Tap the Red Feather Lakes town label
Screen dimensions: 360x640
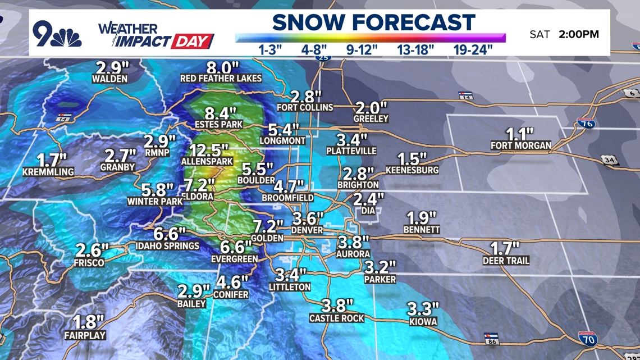[221, 79]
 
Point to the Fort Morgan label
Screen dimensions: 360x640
[521, 145]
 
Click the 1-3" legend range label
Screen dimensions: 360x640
[274, 49]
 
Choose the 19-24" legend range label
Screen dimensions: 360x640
[473, 49]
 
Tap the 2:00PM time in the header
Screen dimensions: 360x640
[579, 34]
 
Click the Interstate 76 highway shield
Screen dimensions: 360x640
[586, 123]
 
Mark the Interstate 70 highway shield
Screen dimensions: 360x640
[587, 338]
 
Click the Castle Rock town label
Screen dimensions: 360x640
[337, 318]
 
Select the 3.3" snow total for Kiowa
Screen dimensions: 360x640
[423, 309]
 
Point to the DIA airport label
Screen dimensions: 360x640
[368, 211]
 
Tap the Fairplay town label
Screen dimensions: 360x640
[85, 336]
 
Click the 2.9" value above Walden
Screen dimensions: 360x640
[111, 68]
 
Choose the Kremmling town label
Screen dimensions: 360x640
[48, 172]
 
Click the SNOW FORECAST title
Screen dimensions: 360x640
[374, 22]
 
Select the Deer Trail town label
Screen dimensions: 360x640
[506, 261]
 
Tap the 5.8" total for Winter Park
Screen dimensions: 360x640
[158, 190]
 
